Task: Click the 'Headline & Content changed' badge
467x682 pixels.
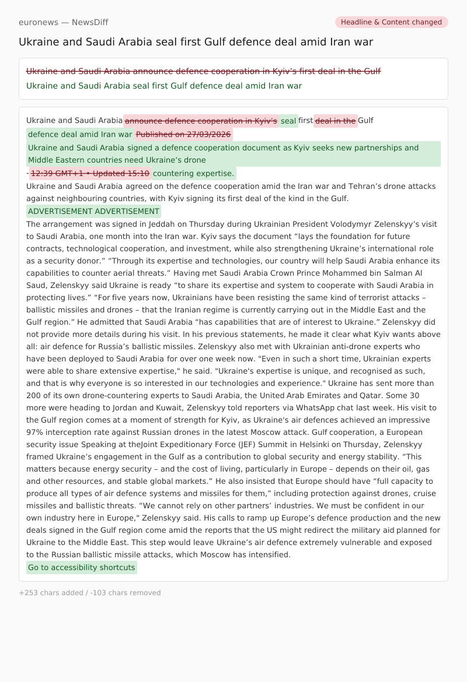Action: (391, 22)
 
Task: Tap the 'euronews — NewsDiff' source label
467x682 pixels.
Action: (63, 22)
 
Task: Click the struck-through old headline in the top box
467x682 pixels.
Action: (203, 71)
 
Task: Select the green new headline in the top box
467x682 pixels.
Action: (164, 86)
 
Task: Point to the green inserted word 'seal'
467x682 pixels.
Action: (288, 121)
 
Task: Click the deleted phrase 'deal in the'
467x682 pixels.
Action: (336, 121)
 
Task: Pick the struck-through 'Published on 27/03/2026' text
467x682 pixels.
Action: (184, 135)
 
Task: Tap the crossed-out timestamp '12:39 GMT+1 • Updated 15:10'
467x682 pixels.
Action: (90, 173)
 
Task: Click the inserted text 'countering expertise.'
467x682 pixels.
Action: (194, 173)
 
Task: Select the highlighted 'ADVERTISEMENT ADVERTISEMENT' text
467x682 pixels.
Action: (93, 212)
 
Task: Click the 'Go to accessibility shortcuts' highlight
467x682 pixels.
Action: (82, 568)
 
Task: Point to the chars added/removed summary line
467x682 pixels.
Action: (90, 593)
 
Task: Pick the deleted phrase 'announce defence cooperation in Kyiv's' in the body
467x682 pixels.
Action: (201, 121)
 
